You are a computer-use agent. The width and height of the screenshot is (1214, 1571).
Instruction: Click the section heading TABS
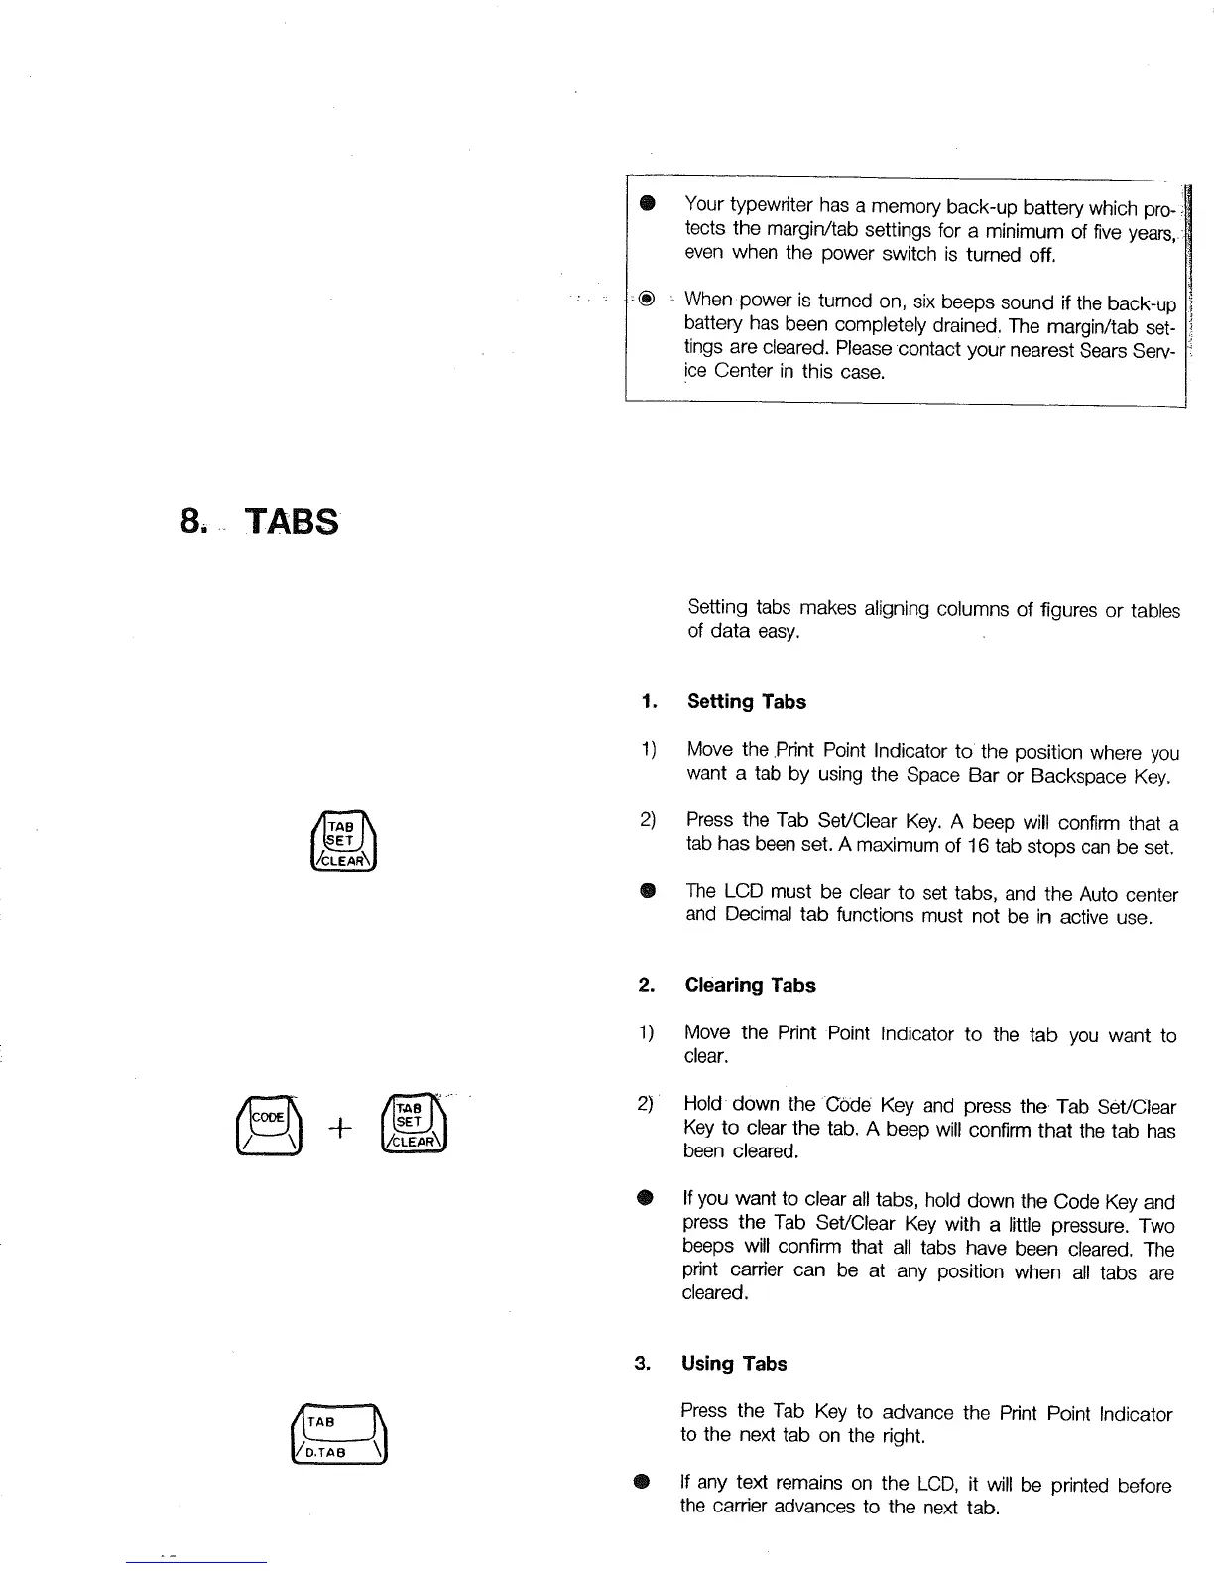click(292, 521)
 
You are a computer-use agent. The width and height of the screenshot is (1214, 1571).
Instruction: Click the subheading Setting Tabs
click(746, 702)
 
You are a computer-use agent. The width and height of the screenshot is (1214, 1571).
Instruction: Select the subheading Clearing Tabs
click(750, 985)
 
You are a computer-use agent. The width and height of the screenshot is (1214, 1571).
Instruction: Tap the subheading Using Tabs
click(734, 1364)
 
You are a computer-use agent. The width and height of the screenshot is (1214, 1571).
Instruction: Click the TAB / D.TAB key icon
click(337, 1435)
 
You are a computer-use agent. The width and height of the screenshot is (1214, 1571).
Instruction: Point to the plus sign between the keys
click(340, 1129)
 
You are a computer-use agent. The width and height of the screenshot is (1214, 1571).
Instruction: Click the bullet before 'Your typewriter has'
click(647, 204)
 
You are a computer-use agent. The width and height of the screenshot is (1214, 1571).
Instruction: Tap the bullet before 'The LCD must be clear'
click(647, 891)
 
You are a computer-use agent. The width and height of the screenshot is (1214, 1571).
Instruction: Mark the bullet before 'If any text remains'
click(642, 1483)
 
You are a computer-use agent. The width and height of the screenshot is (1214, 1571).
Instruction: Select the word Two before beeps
click(1156, 1226)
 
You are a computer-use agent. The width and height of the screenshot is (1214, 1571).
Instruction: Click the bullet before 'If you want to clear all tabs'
click(645, 1200)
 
